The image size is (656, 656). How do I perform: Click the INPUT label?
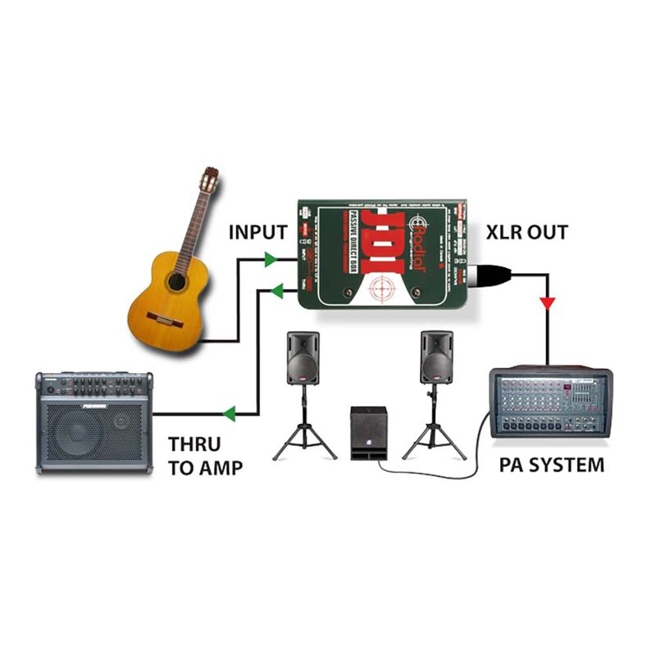pos(257,232)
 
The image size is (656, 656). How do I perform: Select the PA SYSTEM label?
pos(551,465)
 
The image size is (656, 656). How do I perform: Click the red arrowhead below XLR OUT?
pos(547,303)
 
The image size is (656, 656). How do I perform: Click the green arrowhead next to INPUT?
pos(268,259)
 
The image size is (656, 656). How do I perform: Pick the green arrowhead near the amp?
pos(231,412)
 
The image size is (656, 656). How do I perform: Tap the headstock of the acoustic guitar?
pos(211,180)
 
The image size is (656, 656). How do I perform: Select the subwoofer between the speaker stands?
pos(368,434)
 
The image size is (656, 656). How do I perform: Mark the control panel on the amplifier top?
pos(94,385)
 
